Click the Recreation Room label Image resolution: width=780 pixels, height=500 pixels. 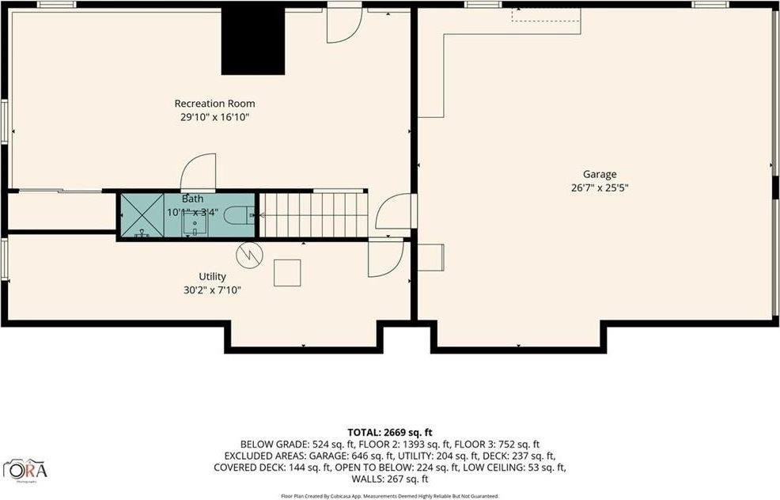(214, 104)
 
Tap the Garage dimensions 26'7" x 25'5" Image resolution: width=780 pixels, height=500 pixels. (600, 188)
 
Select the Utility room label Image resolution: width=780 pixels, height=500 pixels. (212, 276)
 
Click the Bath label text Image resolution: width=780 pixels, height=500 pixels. (192, 199)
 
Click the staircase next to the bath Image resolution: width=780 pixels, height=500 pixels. (314, 214)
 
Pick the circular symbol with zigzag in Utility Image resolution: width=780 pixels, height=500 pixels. (249, 253)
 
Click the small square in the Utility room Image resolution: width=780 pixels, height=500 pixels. (287, 272)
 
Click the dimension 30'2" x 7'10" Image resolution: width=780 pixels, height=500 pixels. (212, 290)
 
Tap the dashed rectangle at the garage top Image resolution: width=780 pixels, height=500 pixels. (546, 15)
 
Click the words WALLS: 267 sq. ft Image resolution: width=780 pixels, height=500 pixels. (389, 479)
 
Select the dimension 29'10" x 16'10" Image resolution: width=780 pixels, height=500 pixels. (214, 117)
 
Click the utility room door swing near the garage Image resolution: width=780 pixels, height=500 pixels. (386, 259)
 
